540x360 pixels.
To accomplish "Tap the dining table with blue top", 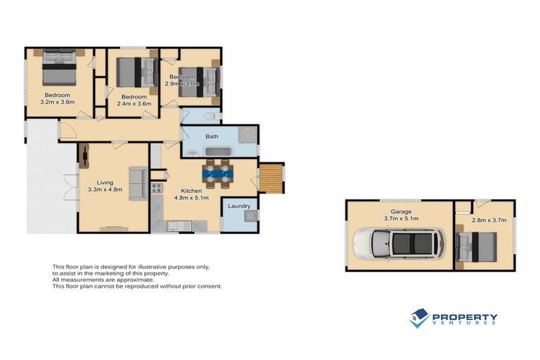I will tap(217, 173).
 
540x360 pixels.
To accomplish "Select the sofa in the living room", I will tap(138, 184).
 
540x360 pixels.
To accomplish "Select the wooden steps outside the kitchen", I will tap(272, 177).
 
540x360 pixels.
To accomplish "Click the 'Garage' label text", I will tap(401, 211).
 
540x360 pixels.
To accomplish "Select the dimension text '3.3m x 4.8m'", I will tap(105, 189).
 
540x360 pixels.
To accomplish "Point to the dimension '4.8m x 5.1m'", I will tap(192, 198).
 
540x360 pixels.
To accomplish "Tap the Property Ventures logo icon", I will tap(420, 319).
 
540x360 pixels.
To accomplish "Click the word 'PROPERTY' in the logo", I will tap(465, 316).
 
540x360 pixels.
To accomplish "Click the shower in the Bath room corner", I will tap(247, 136).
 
